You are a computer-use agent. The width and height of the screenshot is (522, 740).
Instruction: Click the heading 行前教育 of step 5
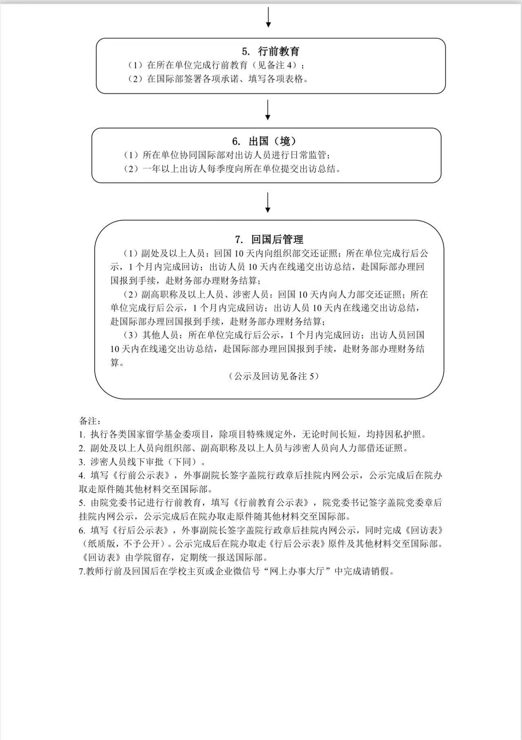(279, 51)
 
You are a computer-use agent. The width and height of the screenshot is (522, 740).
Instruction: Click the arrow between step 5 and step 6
(268, 110)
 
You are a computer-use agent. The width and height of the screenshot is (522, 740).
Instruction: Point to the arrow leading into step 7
(268, 202)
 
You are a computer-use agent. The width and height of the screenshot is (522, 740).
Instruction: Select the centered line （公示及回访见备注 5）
(273, 376)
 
